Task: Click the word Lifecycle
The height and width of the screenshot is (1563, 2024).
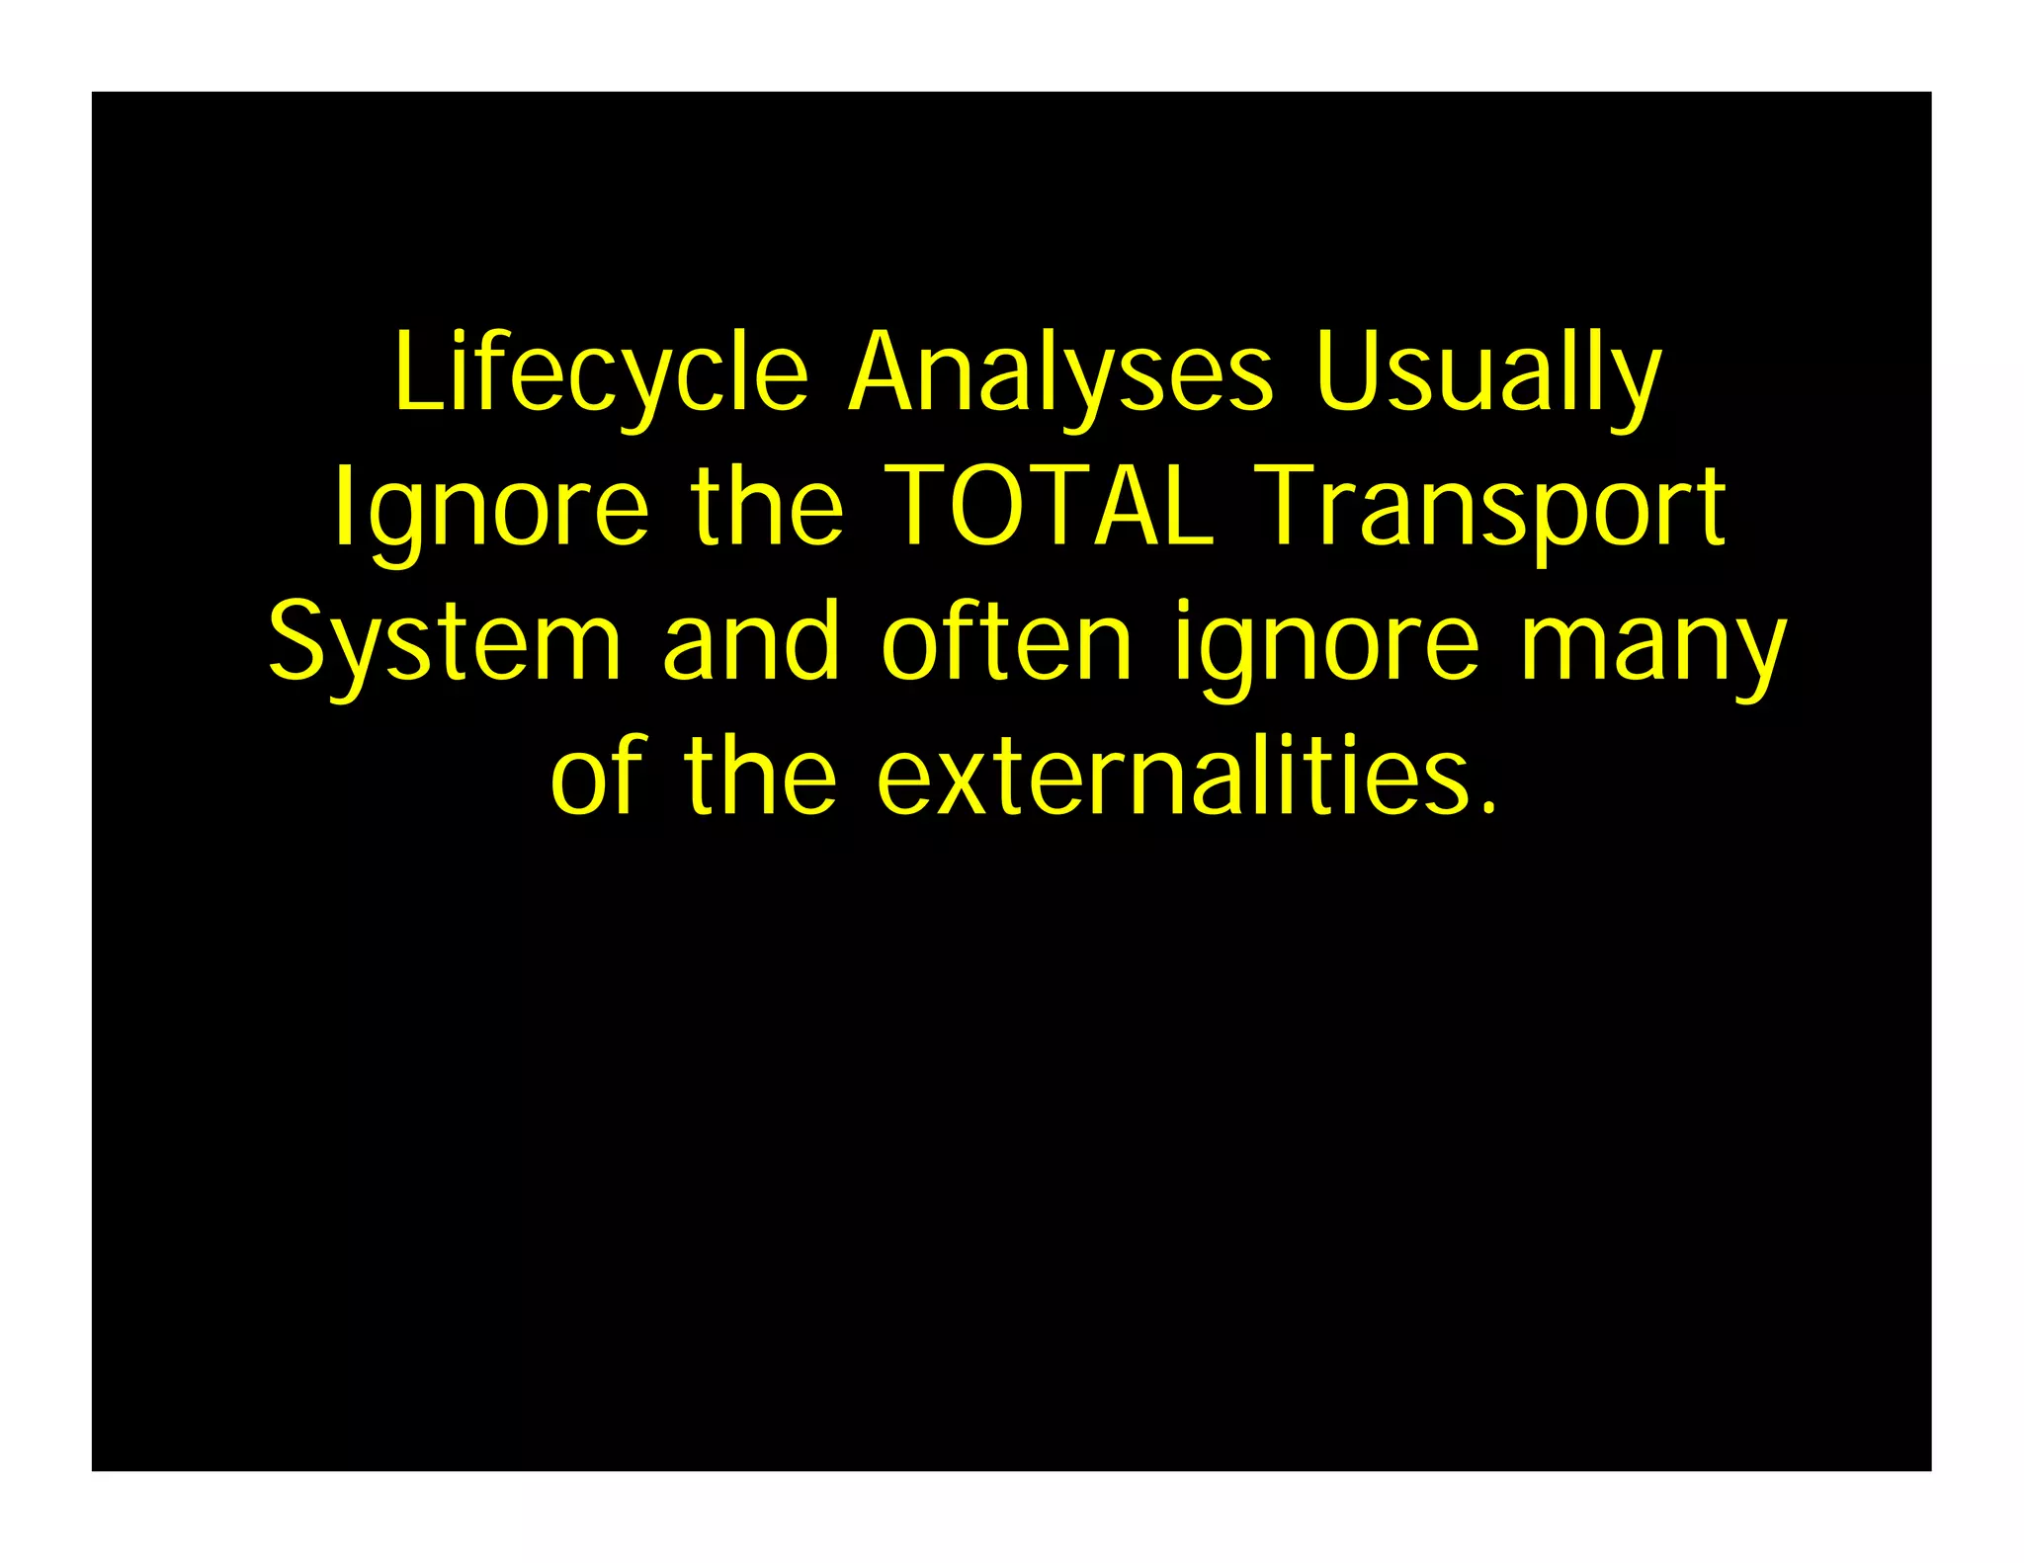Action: tap(601, 373)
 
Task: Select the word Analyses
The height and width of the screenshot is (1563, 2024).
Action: tap(1060, 373)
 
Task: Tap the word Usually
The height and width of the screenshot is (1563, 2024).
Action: tap(1488, 373)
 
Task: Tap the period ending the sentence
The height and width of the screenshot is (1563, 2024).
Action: tap(1488, 808)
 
